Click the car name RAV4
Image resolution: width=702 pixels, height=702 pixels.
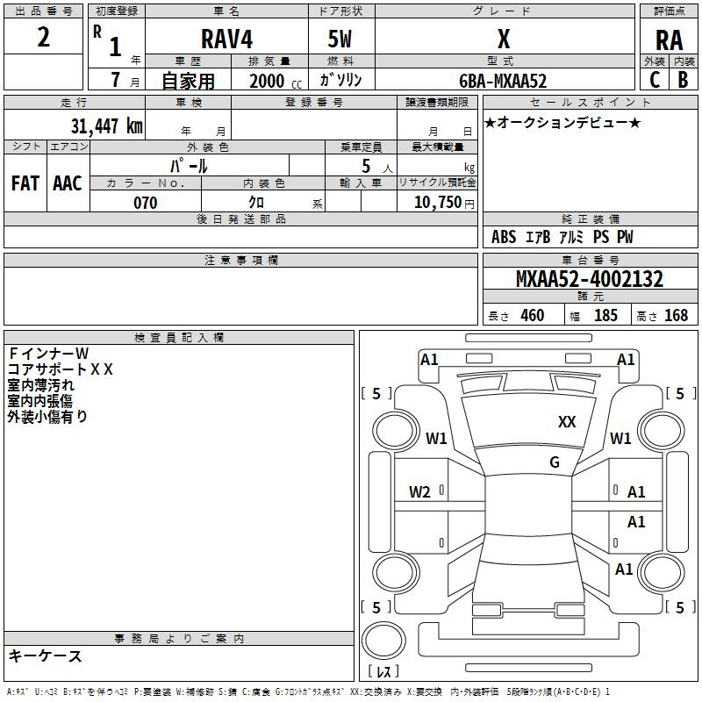227,39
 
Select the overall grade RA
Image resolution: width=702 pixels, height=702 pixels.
670,40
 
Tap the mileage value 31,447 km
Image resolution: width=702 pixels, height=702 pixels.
106,125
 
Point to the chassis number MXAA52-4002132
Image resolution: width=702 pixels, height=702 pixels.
590,279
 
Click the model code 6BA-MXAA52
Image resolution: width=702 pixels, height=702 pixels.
503,81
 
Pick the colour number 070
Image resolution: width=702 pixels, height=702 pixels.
146,203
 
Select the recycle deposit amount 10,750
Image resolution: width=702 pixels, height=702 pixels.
437,203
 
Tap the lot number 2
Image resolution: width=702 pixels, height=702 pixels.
43,37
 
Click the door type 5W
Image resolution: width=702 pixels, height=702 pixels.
340,39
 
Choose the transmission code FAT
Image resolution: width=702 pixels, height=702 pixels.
25,183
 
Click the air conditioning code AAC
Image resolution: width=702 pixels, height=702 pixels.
68,183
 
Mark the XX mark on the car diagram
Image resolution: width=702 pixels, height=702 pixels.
567,422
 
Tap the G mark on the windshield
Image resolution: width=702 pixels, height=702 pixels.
555,462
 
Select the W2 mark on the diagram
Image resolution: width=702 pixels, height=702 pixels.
419,492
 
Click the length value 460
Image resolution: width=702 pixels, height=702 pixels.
533,315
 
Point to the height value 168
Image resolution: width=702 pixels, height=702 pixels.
676,315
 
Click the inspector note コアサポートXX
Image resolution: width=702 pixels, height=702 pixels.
60,369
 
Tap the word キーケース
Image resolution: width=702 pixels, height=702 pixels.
46,655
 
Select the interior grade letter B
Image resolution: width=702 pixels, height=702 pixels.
684,80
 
